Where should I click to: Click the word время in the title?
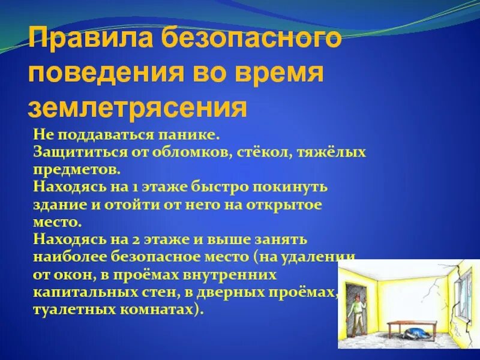[x=278, y=74]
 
